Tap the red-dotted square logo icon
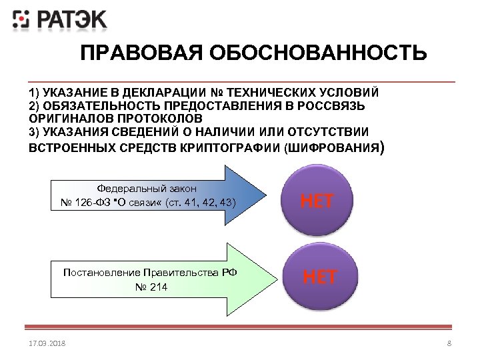click(x=22, y=19)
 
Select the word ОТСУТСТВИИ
click(x=321, y=131)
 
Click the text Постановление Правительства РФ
click(x=150, y=273)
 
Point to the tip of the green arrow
click(x=275, y=279)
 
